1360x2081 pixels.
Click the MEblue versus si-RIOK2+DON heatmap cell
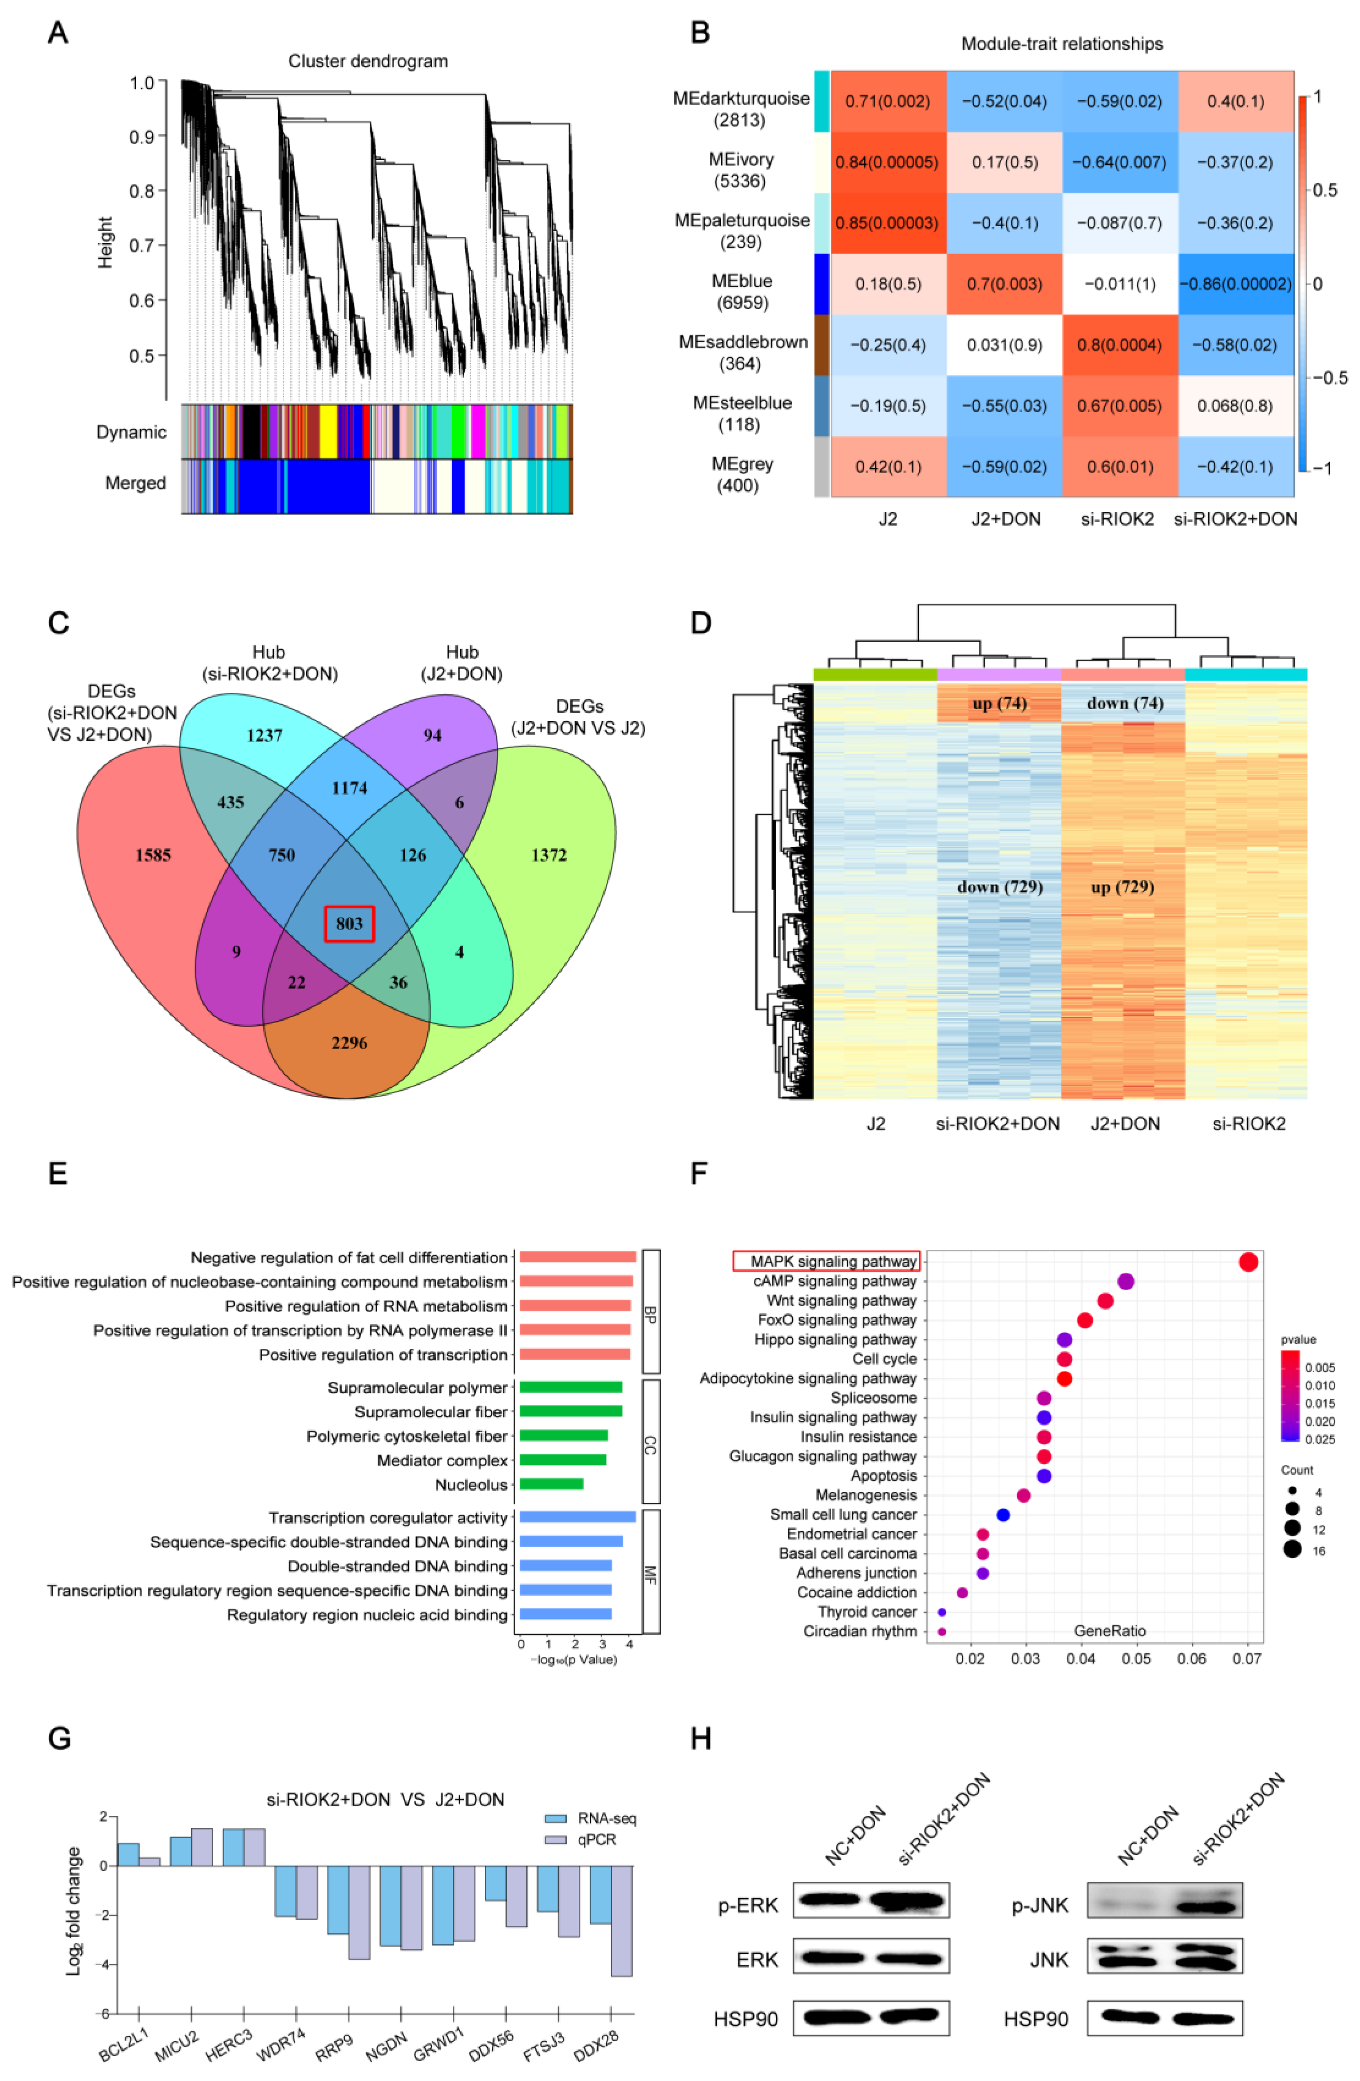tap(1235, 284)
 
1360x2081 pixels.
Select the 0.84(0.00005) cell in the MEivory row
tap(887, 163)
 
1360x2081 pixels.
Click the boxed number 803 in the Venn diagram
tap(349, 923)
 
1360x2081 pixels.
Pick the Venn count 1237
tap(264, 736)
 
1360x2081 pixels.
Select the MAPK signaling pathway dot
tap(1248, 1262)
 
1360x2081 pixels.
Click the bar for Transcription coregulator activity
tap(577, 1517)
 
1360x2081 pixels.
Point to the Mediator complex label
tap(442, 1460)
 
